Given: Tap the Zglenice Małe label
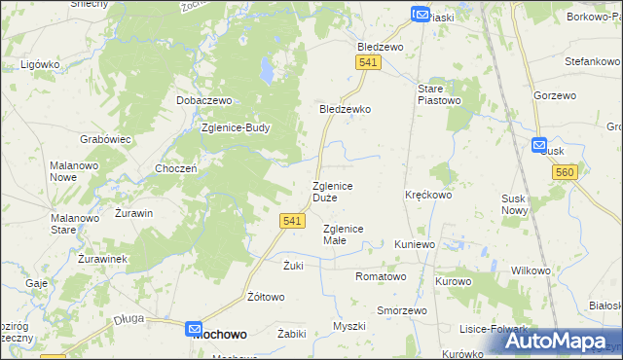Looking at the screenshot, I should tap(343, 234).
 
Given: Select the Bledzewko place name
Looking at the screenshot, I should tap(346, 110).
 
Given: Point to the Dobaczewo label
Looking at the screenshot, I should tap(202, 100).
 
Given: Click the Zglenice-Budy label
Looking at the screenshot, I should tap(236, 127).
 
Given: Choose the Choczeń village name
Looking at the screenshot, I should tap(177, 168).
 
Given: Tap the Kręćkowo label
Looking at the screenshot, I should tap(428, 195).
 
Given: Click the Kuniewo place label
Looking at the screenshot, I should tap(415, 244).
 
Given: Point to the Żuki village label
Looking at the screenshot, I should tap(294, 266).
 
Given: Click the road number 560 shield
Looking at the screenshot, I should tap(564, 172).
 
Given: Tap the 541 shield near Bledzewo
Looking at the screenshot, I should tap(367, 62).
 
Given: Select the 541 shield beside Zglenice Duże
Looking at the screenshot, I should tap(292, 221).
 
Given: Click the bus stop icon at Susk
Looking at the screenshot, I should tap(540, 145).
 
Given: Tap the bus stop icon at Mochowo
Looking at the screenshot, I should tap(194, 331).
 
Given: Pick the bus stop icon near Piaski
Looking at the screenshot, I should tap(420, 14).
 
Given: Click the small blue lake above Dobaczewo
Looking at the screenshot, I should tap(265, 69).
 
